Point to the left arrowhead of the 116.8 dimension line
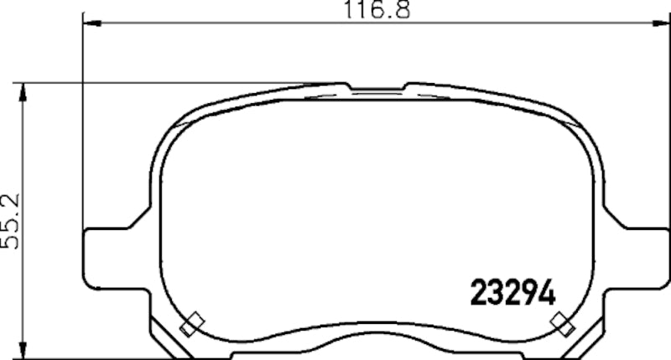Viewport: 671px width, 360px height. (88, 24)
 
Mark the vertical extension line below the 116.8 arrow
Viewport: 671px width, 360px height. (82, 126)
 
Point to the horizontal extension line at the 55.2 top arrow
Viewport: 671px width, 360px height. (168, 83)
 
